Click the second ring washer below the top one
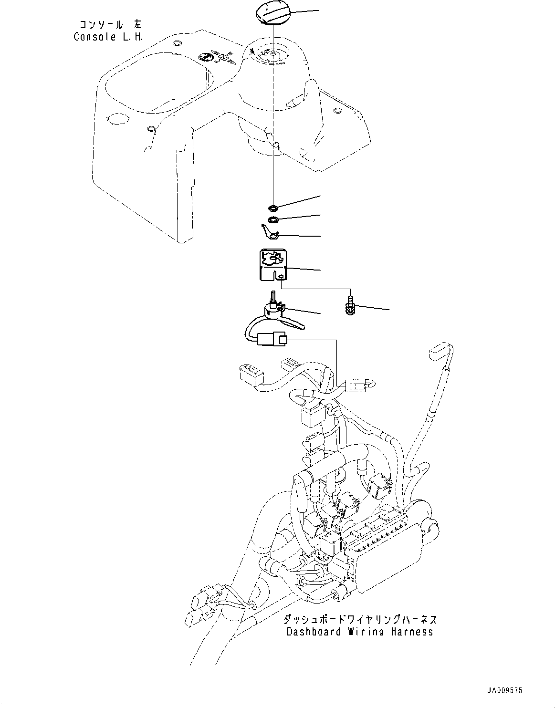coord(273,220)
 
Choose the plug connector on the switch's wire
coord(272,340)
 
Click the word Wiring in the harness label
coord(377,632)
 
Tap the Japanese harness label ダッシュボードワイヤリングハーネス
coord(360,620)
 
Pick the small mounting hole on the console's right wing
coord(338,112)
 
